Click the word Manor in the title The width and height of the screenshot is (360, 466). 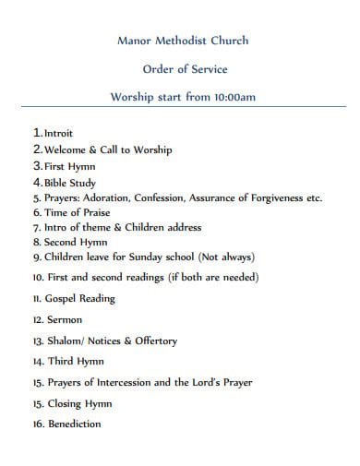pyautogui.click(x=135, y=41)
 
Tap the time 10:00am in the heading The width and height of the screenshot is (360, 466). pyautogui.click(x=234, y=96)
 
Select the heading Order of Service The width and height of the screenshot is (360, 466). pyautogui.click(x=186, y=68)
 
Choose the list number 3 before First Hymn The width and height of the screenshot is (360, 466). pyautogui.click(x=36, y=165)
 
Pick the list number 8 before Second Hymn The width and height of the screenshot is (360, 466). pyautogui.click(x=35, y=242)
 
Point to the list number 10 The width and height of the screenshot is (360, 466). pyautogui.click(x=37, y=277)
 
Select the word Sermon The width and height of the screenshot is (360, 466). pyautogui.click(x=65, y=320)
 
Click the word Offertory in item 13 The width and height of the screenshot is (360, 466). pyautogui.click(x=154, y=341)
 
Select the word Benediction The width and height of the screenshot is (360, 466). pyautogui.click(x=74, y=424)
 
